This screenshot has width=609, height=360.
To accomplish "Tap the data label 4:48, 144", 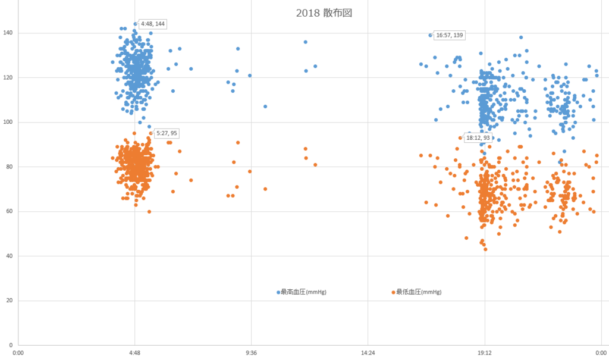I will click(152, 24).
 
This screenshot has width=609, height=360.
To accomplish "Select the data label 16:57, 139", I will click(449, 35).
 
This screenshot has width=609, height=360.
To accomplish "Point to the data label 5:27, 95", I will click(167, 133).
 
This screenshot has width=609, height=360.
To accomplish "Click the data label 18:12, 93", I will click(478, 137).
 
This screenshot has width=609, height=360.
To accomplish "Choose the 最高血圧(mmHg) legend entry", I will click(303, 292).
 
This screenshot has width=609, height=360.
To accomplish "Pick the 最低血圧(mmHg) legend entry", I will click(418, 292).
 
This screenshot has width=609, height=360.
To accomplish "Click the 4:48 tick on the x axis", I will click(135, 352).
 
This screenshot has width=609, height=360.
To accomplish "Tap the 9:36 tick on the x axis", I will click(252, 352).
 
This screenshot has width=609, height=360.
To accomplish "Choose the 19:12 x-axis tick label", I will click(485, 352).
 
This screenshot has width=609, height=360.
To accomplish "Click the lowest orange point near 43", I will click(485, 249).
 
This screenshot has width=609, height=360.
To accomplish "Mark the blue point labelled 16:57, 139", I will click(431, 35).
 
